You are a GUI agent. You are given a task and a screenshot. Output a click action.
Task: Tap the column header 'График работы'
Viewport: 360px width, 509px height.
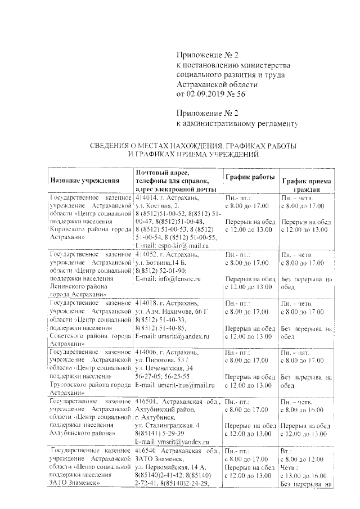click(250, 177)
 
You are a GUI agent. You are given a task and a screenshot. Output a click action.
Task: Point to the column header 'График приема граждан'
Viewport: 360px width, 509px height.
click(307, 186)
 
